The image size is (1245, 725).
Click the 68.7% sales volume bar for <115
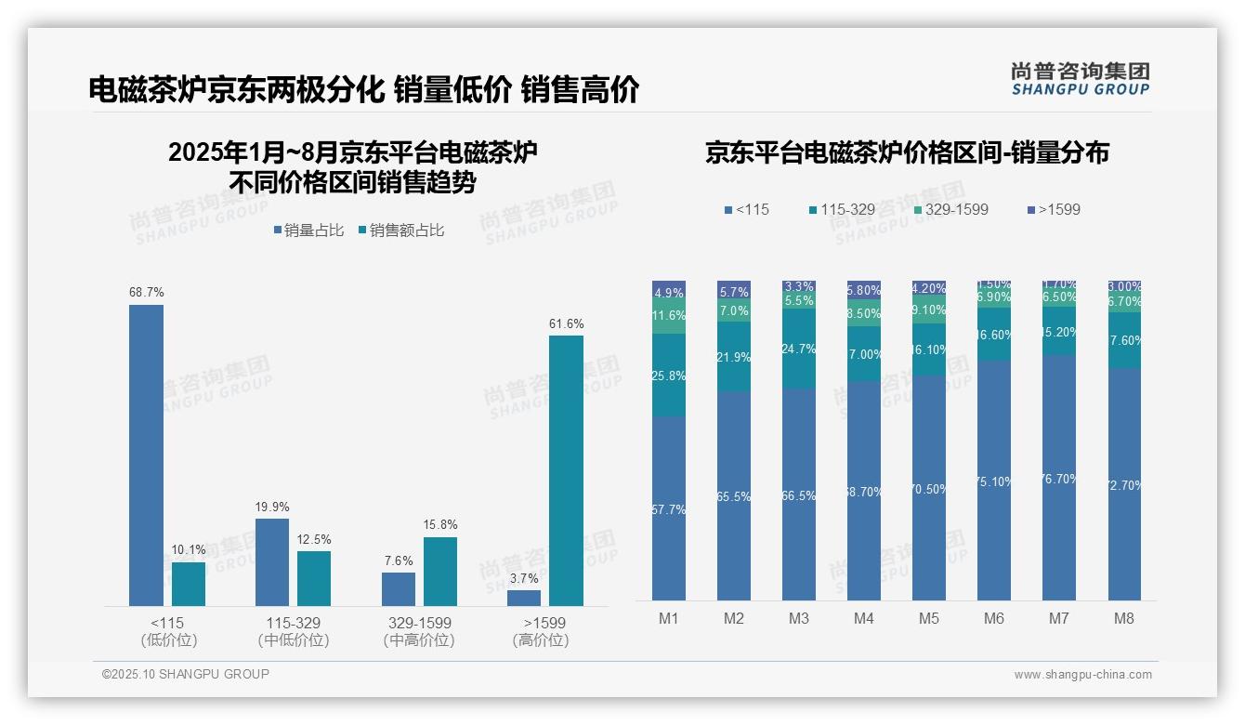(146, 455)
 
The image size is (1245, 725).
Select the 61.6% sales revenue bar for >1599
(566, 470)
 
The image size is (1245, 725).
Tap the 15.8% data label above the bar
(440, 525)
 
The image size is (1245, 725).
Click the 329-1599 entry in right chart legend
(950, 210)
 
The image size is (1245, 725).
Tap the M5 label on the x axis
(929, 618)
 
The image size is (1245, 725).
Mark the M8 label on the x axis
(1124, 618)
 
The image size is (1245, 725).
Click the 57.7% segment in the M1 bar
(669, 508)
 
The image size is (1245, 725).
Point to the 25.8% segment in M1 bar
(669, 375)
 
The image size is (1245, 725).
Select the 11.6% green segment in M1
(669, 316)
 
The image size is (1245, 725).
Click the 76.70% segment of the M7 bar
(1059, 478)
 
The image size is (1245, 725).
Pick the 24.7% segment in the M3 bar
(799, 349)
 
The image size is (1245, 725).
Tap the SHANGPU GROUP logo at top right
(1080, 79)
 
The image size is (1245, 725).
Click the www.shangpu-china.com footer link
(1082, 675)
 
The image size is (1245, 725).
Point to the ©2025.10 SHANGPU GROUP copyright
(186, 675)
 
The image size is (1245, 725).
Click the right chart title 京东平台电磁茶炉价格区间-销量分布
(907, 153)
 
